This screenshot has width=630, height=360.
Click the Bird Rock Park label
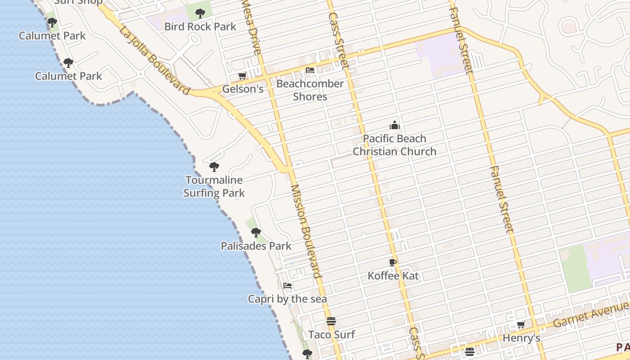(x=200, y=27)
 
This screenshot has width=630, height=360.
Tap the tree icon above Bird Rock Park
(x=200, y=13)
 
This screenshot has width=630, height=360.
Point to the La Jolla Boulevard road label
(x=155, y=60)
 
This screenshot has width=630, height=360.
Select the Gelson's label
(x=243, y=89)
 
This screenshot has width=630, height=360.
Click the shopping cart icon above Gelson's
(x=243, y=76)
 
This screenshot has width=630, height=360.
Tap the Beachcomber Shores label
(x=310, y=90)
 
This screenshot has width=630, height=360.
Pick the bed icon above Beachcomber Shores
(x=310, y=70)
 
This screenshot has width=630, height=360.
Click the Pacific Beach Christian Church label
(x=394, y=145)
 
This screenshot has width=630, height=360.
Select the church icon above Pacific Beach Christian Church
(x=395, y=125)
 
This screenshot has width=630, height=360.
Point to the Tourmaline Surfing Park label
(x=214, y=187)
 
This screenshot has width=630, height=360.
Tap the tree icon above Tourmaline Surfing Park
(x=214, y=167)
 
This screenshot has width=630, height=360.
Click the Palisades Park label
(x=256, y=246)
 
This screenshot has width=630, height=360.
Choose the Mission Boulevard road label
(x=306, y=231)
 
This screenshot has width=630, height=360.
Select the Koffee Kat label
(x=393, y=276)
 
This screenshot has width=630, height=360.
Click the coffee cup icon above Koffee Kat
(x=393, y=262)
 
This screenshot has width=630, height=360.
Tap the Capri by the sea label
(x=288, y=299)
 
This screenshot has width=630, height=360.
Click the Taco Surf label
(x=331, y=335)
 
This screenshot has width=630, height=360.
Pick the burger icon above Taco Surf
(x=331, y=321)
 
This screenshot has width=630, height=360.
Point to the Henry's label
(x=521, y=338)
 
